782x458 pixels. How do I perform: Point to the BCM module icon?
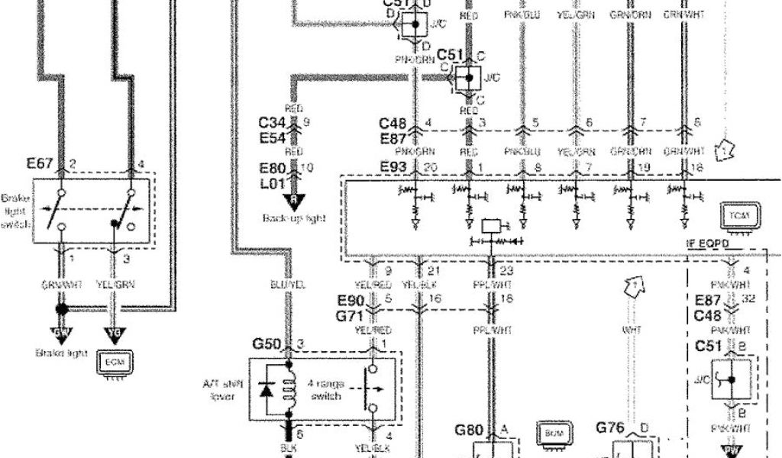tap(551, 432)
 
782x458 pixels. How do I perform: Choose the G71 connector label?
tap(351, 311)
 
